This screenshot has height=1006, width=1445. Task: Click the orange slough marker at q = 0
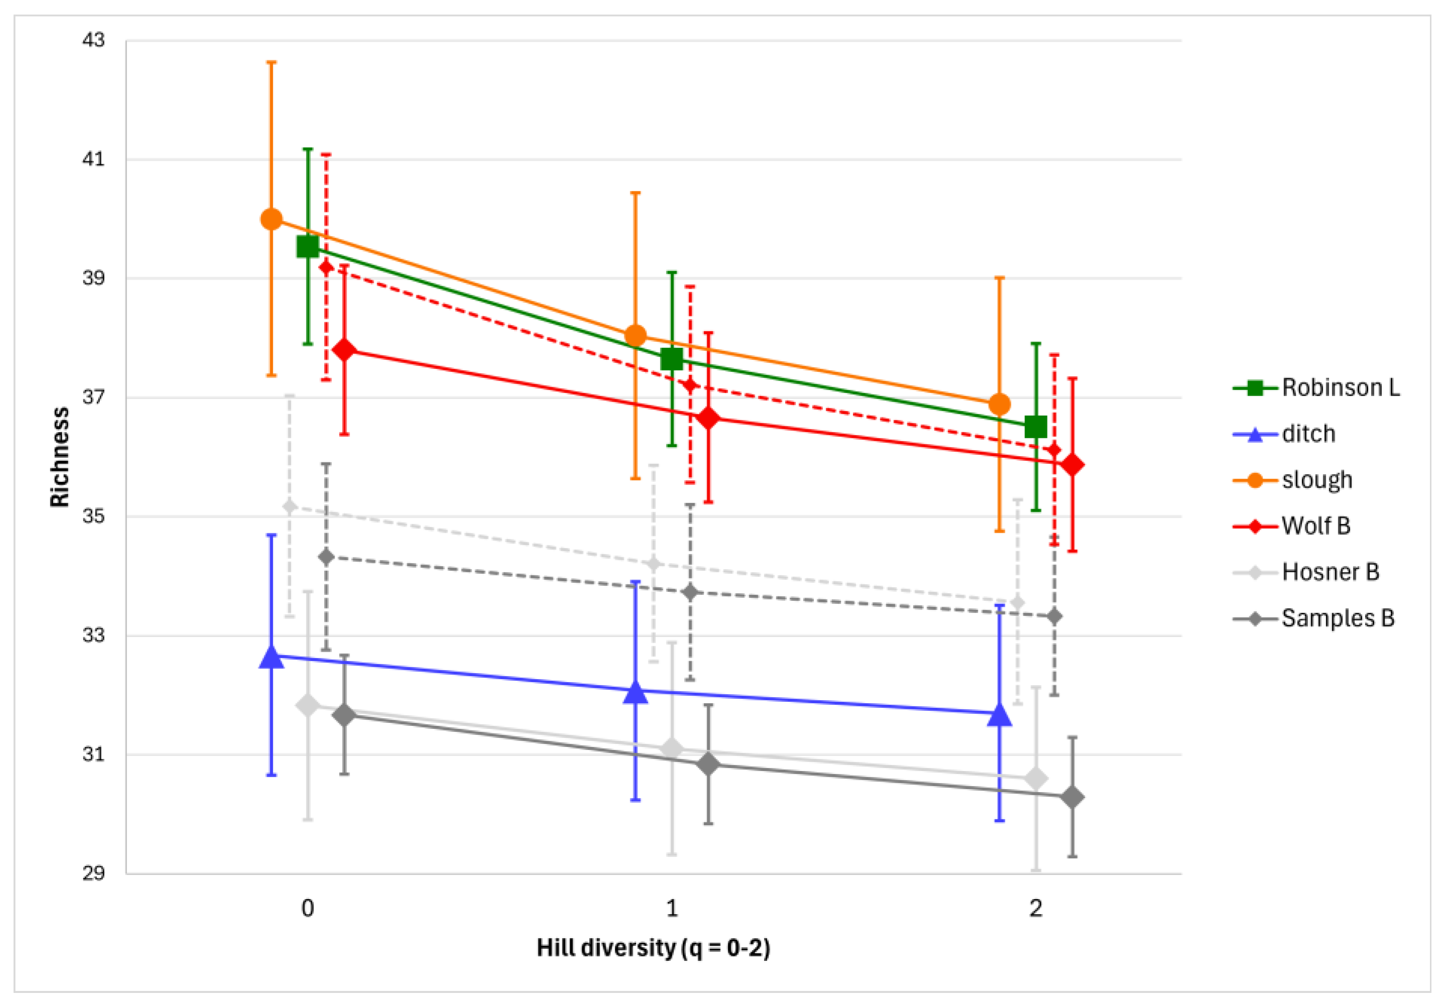click(271, 219)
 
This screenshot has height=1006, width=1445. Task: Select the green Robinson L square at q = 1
click(671, 359)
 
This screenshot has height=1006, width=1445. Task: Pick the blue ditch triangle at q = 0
click(271, 657)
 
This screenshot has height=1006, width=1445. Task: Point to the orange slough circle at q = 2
click(999, 404)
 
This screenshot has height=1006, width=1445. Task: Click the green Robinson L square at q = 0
click(308, 247)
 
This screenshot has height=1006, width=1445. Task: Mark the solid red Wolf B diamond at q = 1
click(708, 418)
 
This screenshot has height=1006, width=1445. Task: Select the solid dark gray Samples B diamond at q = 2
click(1072, 798)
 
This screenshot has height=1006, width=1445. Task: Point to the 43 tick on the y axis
click(93, 40)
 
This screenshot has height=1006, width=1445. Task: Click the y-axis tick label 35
click(93, 516)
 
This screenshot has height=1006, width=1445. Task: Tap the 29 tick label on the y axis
click(93, 873)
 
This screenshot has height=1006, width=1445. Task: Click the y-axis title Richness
click(60, 456)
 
